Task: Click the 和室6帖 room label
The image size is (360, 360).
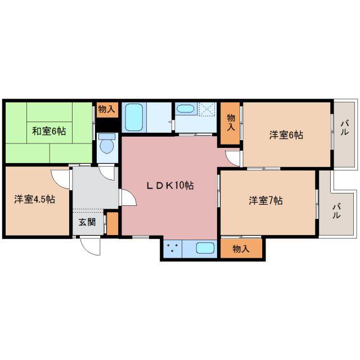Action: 49,131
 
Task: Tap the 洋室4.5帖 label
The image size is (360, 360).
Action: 35,199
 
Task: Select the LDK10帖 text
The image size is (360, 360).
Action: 170,185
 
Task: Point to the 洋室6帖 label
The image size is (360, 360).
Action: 286,135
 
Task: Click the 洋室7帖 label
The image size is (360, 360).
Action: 265,200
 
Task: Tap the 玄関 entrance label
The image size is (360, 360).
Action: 87,222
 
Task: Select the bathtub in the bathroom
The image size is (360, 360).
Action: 134,118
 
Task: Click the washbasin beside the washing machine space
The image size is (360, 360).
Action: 186,109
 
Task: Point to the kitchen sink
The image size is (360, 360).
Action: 205,248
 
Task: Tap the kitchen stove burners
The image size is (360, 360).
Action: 173,247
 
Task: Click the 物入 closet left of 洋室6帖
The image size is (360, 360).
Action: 230,123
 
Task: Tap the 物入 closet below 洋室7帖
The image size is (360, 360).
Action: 241,249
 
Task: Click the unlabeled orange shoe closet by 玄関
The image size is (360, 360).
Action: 112,223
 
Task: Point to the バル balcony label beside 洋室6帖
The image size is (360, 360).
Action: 344,128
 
